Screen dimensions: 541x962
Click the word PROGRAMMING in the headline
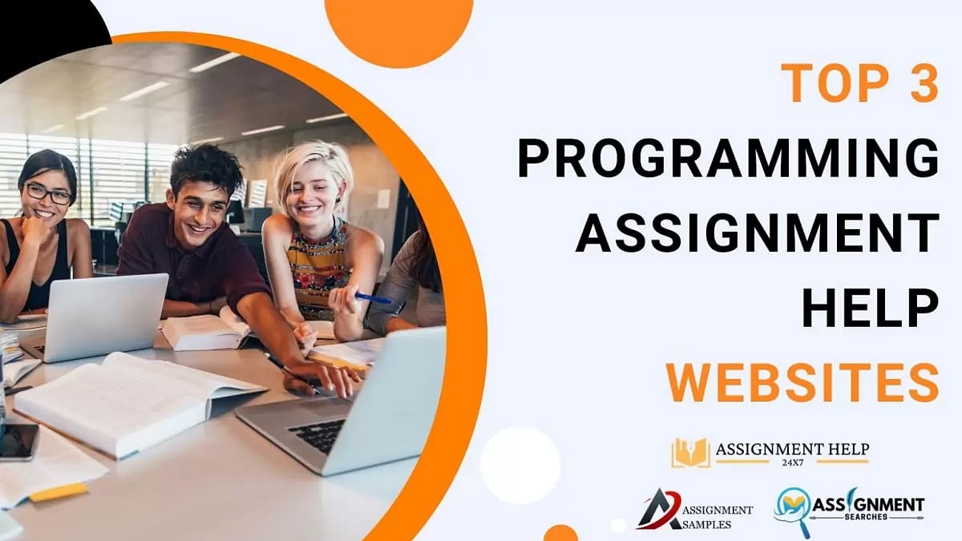pos(728,158)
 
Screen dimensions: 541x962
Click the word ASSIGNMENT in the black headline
pos(757,232)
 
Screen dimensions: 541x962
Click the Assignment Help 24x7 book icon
pos(690,453)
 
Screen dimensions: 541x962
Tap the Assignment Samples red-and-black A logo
pos(658,510)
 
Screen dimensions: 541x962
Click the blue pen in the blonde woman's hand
pos(374,298)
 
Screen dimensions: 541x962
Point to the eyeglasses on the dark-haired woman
pos(47,193)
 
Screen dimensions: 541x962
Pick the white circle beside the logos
pos(520,466)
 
